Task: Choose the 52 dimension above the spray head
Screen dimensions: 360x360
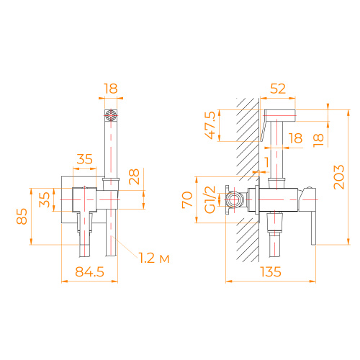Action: (x=277, y=88)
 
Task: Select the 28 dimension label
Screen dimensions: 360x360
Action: (x=135, y=177)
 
